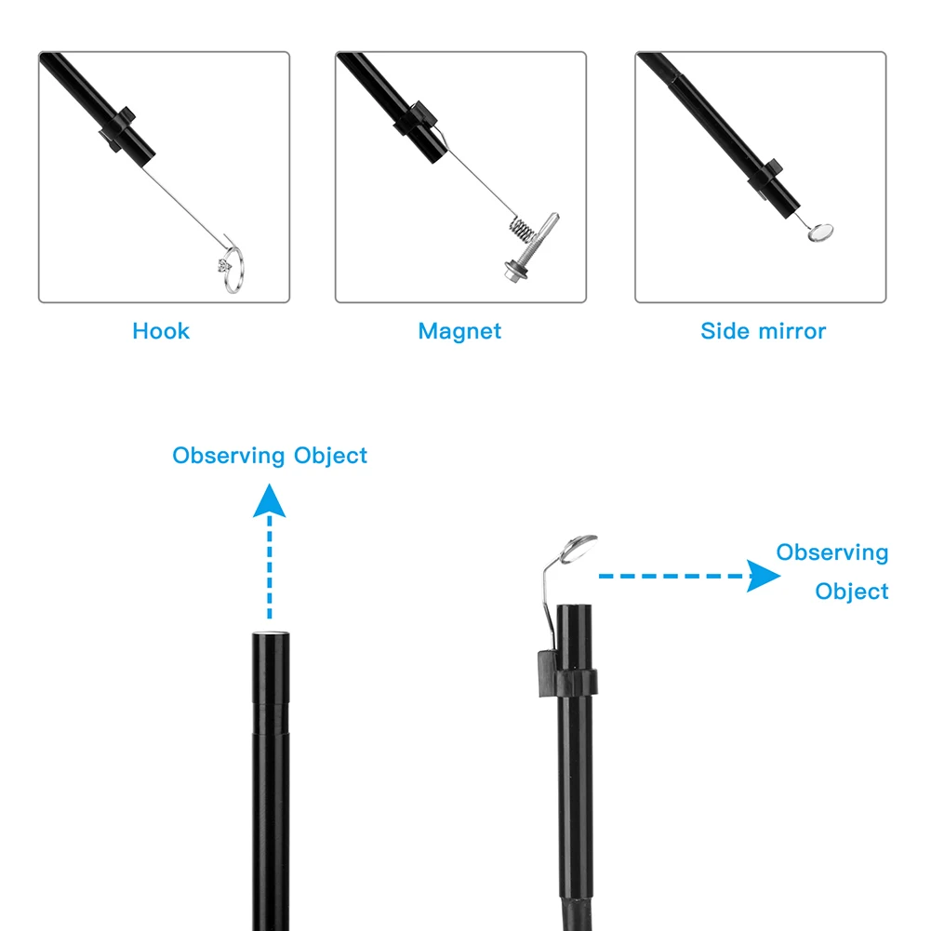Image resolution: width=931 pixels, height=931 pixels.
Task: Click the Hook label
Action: [161, 331]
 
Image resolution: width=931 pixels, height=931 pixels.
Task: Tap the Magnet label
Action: [459, 331]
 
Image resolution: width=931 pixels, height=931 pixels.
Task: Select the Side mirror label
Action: [763, 331]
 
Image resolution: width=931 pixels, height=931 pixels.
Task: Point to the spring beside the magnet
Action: [522, 228]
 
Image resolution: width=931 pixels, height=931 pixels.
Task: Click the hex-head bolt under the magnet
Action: [514, 271]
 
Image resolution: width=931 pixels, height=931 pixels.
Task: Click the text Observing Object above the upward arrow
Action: [270, 456]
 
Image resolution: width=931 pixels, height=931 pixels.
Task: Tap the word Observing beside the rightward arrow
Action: [832, 552]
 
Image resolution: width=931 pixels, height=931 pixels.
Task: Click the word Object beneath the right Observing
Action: [852, 592]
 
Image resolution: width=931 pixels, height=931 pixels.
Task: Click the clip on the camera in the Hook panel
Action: [115, 131]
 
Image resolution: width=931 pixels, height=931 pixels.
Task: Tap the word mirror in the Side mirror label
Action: [791, 331]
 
